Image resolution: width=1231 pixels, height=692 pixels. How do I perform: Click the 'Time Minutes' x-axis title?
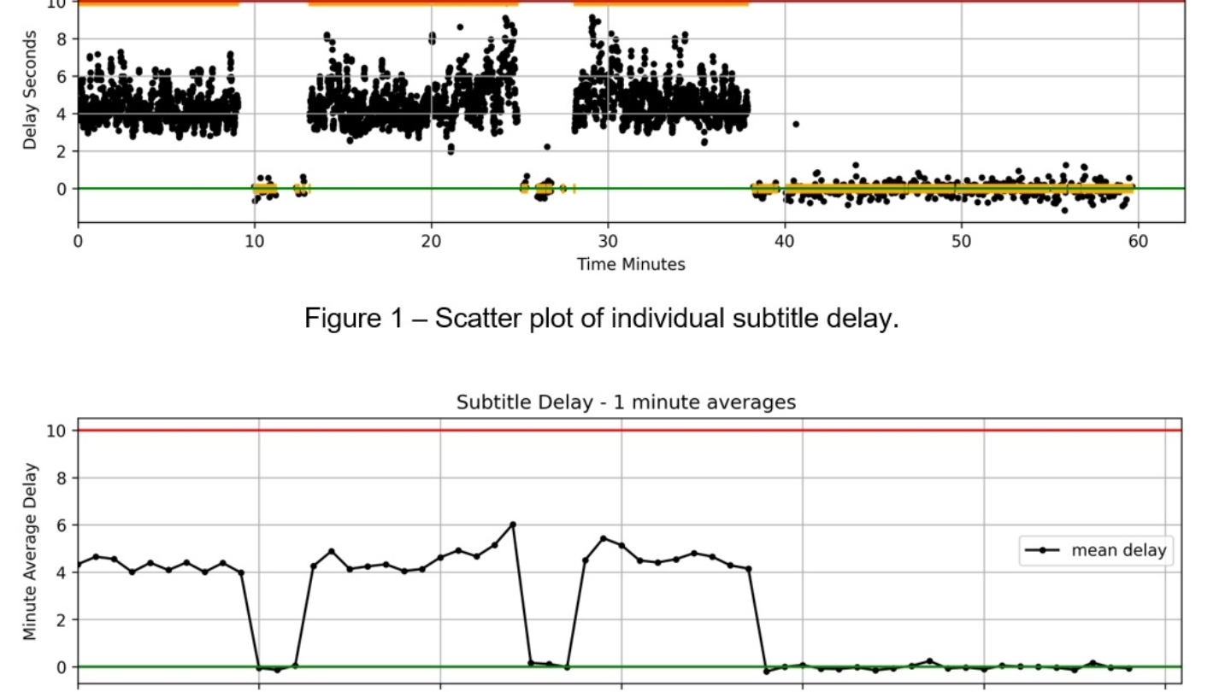tap(631, 264)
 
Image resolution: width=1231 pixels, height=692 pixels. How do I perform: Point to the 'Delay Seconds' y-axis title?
tap(31, 90)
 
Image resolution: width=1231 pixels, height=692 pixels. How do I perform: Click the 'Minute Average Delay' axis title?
tap(31, 551)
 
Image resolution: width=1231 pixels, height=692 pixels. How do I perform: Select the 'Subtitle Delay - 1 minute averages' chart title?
tap(626, 402)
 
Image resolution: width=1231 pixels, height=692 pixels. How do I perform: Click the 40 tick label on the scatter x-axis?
tap(785, 241)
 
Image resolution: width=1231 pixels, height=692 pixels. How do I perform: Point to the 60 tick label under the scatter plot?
tap(1138, 241)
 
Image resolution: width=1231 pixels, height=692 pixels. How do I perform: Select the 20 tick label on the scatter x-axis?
tap(431, 241)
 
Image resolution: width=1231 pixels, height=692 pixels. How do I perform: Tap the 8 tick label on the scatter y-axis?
tap(61, 38)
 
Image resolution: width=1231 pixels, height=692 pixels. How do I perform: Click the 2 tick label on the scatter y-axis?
tap(61, 151)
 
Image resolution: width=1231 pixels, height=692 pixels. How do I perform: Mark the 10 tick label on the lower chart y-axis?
tap(56, 431)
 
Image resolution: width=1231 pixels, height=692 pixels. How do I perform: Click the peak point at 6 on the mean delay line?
tap(513, 525)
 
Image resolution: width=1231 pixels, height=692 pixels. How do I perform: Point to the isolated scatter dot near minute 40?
tap(796, 124)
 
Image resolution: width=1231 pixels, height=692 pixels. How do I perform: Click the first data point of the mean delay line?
tap(78, 565)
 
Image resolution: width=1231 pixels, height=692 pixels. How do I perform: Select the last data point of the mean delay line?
tap(1128, 669)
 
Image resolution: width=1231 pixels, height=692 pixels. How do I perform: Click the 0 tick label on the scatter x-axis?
tap(78, 241)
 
